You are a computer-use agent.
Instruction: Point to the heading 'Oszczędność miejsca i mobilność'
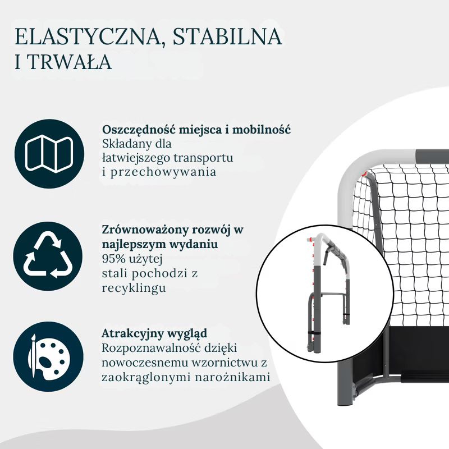click(x=196, y=130)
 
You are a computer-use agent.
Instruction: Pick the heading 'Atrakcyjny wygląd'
click(x=154, y=333)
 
